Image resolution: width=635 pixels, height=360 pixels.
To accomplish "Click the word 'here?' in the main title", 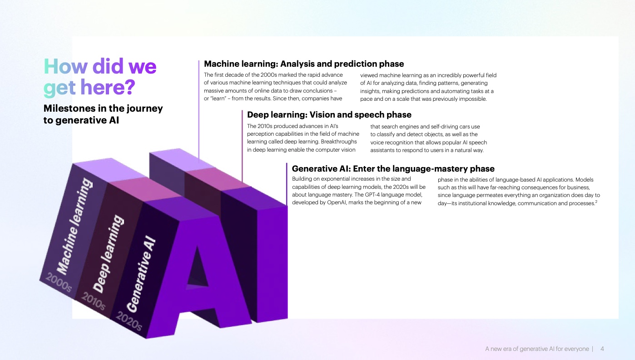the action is [x=108, y=87].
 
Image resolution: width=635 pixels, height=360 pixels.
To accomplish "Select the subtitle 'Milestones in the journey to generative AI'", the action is [x=103, y=114].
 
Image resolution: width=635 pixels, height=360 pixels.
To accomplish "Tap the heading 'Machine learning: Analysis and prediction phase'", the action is [x=304, y=64].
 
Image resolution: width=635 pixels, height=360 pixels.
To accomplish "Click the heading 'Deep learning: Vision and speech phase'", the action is [x=329, y=115].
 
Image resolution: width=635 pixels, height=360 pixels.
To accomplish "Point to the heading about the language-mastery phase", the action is [x=393, y=169].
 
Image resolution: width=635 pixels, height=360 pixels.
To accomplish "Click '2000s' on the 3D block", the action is [x=59, y=282].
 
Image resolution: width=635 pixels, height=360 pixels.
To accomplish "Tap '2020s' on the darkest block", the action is [x=129, y=321].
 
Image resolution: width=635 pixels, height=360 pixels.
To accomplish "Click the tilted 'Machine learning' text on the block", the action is [x=74, y=226].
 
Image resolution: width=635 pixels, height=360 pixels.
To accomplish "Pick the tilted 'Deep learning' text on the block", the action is [x=109, y=254].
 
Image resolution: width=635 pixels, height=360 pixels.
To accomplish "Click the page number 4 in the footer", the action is [x=602, y=349].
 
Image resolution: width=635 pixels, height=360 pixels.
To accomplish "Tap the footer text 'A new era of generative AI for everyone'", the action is [x=537, y=349].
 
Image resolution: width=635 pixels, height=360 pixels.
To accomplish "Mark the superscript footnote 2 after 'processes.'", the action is [x=596, y=202].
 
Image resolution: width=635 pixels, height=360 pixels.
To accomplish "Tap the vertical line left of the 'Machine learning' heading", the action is [x=198, y=109].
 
